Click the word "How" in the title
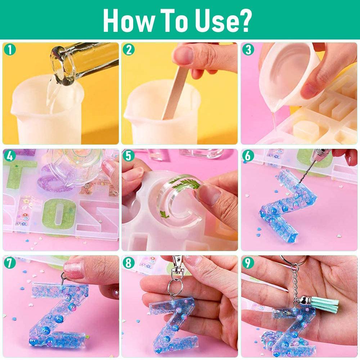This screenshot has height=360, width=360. (125, 21)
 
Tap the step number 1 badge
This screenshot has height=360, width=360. (10, 50)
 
